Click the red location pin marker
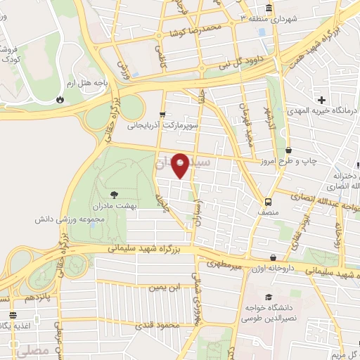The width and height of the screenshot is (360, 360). (181, 165)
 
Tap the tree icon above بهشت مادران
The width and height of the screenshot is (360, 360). (115, 193)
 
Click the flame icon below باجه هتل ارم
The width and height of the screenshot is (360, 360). (59, 99)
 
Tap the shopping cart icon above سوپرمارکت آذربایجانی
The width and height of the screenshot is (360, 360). (162, 115)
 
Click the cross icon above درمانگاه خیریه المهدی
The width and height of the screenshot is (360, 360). (322, 99)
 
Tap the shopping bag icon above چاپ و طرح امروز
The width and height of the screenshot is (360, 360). (289, 150)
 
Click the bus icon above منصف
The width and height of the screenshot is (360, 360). (271, 199)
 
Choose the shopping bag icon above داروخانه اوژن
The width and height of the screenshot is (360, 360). (274, 257)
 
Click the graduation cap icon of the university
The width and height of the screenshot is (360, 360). (268, 298)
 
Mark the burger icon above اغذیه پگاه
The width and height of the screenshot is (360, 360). (11, 314)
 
